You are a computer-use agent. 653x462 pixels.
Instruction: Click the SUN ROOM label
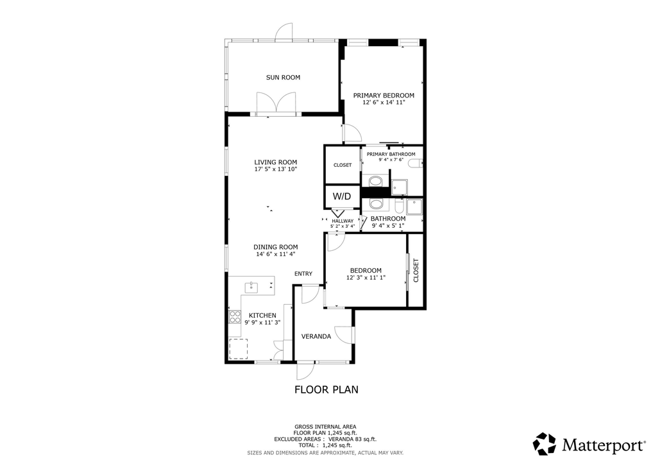point(283,78)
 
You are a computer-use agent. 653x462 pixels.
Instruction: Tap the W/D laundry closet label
point(341,196)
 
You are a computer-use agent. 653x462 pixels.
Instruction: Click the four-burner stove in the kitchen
point(235,316)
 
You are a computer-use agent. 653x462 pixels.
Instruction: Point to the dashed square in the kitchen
point(239,348)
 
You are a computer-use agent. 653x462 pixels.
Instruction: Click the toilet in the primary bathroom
point(414,164)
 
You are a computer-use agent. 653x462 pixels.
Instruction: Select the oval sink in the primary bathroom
point(375,182)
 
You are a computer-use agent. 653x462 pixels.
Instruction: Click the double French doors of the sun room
point(276,103)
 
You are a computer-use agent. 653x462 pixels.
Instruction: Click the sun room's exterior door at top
point(284,31)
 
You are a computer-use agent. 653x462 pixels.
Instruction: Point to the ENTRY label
point(303,274)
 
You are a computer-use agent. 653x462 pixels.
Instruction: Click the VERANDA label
point(316,336)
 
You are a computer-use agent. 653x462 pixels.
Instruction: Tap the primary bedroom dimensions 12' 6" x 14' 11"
point(384,102)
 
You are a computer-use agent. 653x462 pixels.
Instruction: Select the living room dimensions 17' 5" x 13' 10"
point(275,169)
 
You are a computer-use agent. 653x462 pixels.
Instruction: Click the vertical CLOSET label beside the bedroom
point(416,270)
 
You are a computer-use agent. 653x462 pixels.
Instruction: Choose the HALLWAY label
point(343,221)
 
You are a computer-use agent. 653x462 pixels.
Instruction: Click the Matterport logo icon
point(545,444)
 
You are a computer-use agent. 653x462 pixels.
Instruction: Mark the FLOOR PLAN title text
point(326,389)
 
